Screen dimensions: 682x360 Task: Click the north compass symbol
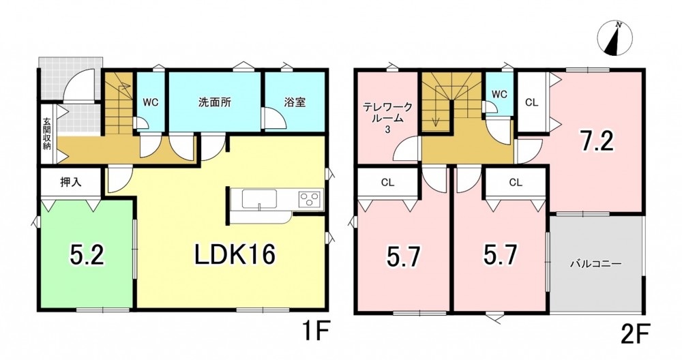(614, 38)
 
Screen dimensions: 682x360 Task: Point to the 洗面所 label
(214, 102)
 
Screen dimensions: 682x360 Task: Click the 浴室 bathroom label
(295, 102)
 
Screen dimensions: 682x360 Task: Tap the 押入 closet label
(70, 183)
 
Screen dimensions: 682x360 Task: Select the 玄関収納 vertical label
(47, 134)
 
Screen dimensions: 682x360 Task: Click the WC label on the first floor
(151, 102)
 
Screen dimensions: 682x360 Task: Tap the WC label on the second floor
(499, 94)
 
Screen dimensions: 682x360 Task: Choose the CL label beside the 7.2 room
(531, 102)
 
